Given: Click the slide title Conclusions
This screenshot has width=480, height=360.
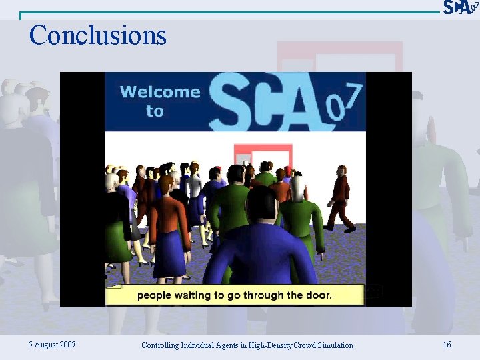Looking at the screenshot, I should tap(97, 35).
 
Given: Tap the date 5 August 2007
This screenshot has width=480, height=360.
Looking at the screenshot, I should tap(52, 345).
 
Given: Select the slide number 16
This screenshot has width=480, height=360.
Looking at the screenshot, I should tap(447, 345).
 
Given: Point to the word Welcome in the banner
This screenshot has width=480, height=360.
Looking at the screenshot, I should tap(160, 92).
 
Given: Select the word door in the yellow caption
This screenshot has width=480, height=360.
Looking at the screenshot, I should tap(317, 295).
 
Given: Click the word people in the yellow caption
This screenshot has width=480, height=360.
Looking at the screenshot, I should tap(155, 295).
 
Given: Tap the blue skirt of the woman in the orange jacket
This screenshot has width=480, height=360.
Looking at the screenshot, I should tap(168, 253).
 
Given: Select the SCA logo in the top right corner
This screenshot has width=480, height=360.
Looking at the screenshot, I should tap(460, 7).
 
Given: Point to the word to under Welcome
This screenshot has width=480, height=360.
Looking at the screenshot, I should tap(155, 111).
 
